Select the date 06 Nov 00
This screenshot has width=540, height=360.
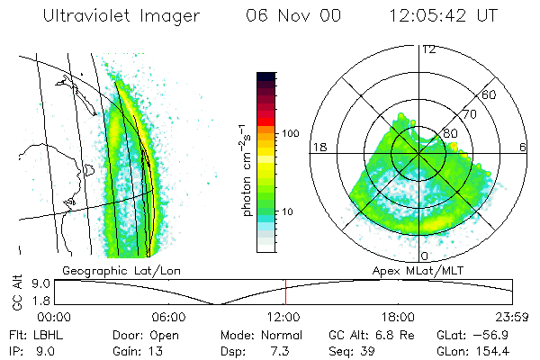click(x=288, y=15)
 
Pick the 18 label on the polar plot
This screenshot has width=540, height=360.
click(x=318, y=147)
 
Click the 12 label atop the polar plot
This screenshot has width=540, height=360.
click(x=428, y=49)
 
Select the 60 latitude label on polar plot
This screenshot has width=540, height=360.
click(x=490, y=94)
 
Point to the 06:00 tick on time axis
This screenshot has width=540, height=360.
click(x=169, y=317)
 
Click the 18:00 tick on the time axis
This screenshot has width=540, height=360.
click(x=398, y=317)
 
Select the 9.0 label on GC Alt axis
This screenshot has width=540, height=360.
click(x=40, y=283)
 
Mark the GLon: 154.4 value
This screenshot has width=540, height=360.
click(x=488, y=349)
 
